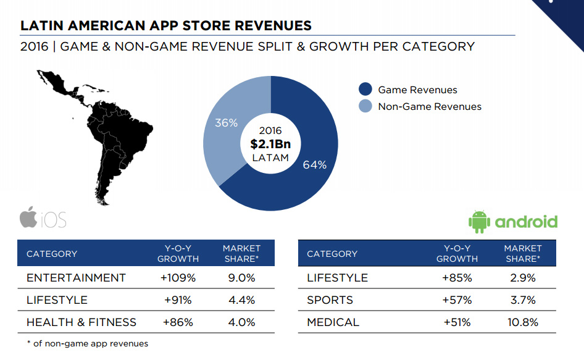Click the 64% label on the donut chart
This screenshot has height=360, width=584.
point(314,165)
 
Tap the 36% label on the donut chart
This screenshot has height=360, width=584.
point(226,123)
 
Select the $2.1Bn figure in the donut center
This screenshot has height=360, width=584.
point(270,144)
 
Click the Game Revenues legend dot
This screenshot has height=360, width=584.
point(365,90)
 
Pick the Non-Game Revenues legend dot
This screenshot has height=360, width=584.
point(365,106)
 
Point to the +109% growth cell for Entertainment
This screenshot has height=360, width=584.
point(178,278)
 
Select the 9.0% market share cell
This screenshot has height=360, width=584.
point(241,278)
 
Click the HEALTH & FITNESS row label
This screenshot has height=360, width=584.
point(81,322)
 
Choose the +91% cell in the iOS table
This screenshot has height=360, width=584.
point(178,300)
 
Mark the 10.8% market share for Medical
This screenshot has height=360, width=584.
point(522,322)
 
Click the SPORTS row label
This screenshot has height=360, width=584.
point(330,300)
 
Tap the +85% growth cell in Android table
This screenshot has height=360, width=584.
point(457,278)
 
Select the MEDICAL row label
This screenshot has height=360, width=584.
point(333,322)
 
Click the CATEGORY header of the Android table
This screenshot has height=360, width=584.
point(332,254)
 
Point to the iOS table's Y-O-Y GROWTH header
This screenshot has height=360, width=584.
point(178,254)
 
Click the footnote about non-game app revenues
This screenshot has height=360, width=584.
point(87,343)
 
